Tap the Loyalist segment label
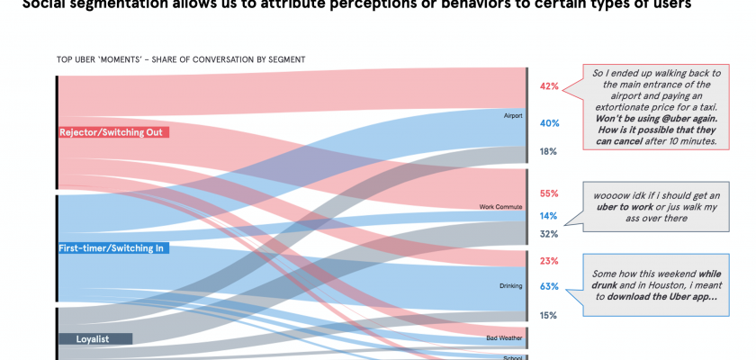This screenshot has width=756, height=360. pos(95,338)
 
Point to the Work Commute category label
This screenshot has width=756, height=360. pos(499,208)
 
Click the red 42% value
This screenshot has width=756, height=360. pos(549,86)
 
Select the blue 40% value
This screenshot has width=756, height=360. pos(549,123)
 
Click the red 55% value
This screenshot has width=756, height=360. pos(549,193)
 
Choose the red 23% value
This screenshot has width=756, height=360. pos(549,261)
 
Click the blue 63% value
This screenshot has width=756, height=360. pos(549,286)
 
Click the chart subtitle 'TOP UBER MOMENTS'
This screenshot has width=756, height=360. pos(180,59)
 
